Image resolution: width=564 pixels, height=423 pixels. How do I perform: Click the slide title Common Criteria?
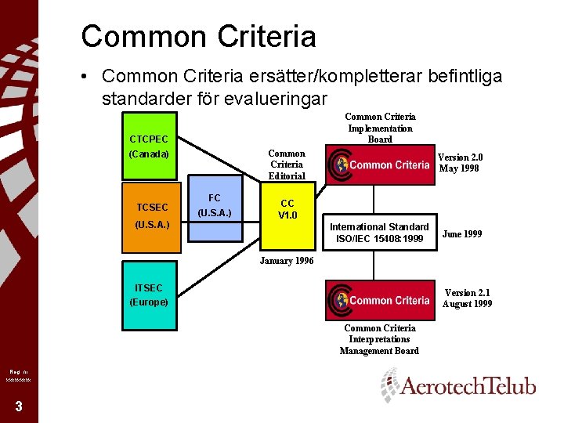click(198, 36)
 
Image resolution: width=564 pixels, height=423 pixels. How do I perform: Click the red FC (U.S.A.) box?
click(214, 205)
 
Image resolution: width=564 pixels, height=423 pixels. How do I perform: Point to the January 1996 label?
click(286, 261)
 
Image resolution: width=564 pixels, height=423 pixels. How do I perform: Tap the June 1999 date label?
click(462, 233)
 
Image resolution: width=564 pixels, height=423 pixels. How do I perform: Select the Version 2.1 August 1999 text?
click(467, 298)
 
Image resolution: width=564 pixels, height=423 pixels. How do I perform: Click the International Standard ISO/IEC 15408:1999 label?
click(379, 233)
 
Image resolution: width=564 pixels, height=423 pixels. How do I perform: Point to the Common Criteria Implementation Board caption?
click(380, 128)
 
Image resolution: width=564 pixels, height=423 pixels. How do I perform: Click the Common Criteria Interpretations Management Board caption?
click(379, 339)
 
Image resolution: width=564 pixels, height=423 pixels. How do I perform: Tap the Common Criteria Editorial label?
click(287, 164)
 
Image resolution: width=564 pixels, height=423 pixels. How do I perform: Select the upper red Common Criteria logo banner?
click(381, 164)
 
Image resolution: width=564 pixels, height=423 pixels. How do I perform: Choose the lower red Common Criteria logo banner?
click(381, 300)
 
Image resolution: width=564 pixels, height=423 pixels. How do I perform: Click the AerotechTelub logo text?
click(468, 387)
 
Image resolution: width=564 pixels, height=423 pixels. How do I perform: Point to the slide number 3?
click(18, 406)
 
